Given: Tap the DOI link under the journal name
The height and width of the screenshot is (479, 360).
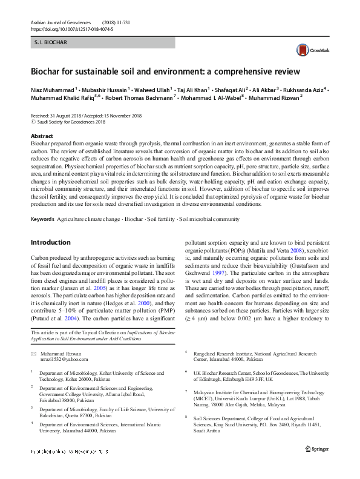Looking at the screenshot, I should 71,28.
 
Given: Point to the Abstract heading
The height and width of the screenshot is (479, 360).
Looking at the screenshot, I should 42,136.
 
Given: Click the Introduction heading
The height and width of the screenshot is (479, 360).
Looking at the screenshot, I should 50,242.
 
